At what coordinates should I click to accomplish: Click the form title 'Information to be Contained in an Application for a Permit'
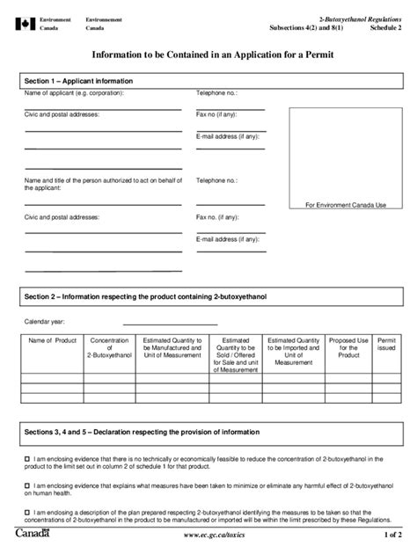click(208, 55)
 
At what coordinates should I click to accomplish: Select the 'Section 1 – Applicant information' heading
click(77, 80)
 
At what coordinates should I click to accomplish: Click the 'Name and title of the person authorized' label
click(98, 184)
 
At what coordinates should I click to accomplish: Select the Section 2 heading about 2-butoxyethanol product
click(145, 297)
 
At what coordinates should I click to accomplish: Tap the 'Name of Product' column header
click(53, 339)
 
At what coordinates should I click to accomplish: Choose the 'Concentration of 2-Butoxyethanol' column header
click(109, 346)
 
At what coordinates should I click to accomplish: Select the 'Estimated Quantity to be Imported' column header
click(293, 346)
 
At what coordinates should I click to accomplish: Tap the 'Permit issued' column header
click(386, 343)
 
